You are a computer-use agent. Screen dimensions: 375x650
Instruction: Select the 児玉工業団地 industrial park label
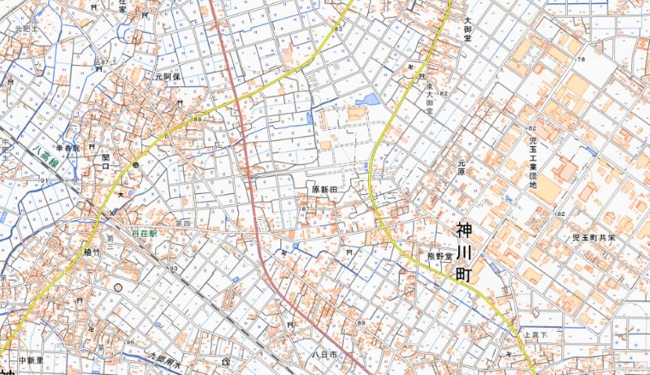coord(533,163)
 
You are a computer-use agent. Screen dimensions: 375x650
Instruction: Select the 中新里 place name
coord(30,359)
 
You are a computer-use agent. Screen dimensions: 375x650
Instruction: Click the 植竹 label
coord(91,252)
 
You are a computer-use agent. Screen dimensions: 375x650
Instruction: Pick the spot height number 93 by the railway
coord(172,269)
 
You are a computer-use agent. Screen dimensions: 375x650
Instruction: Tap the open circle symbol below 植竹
coord(119,287)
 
